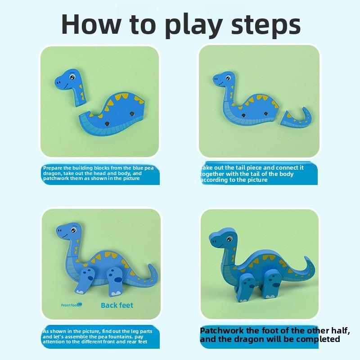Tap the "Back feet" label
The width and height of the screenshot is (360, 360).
tap(117, 305)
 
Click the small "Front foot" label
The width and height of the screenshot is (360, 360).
tap(71, 305)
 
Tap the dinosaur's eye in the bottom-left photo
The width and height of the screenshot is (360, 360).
tap(73, 231)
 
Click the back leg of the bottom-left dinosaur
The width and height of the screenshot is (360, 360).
tap(116, 281)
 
